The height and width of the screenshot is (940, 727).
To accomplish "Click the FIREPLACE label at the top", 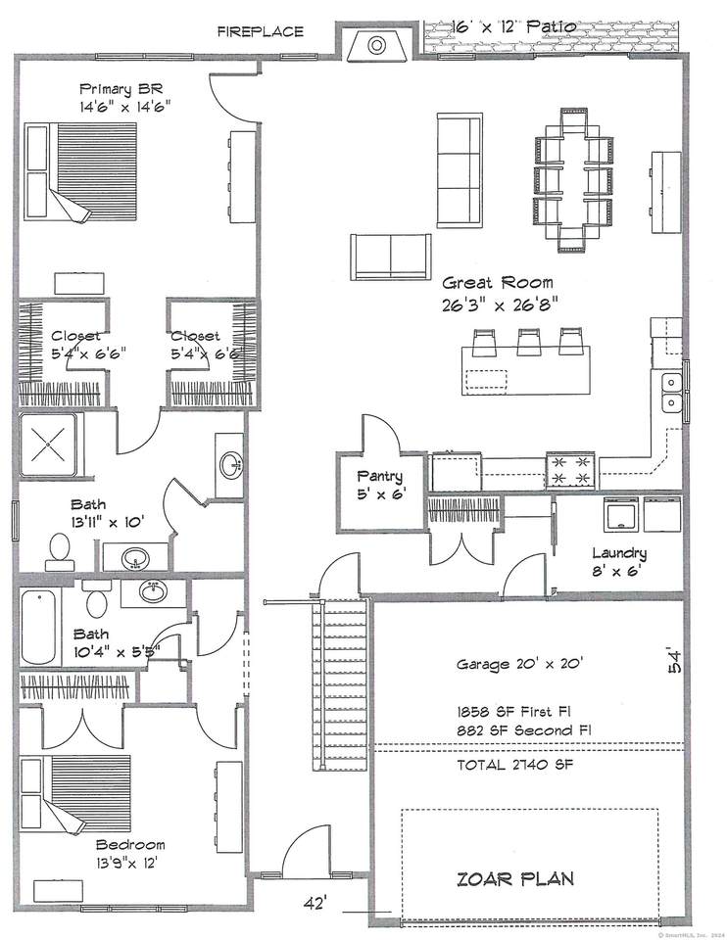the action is click(x=261, y=31).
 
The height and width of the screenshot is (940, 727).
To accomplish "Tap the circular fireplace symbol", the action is click(x=376, y=45).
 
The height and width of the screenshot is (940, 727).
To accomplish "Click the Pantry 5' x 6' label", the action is click(x=380, y=485).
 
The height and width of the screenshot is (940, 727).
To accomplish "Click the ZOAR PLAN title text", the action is click(x=515, y=879).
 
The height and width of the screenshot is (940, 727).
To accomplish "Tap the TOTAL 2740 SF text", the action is click(x=515, y=765).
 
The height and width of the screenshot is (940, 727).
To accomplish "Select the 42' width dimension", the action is click(x=314, y=902).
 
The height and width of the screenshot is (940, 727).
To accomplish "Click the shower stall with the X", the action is click(x=48, y=445).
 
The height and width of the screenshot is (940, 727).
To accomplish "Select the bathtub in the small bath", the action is click(x=40, y=627).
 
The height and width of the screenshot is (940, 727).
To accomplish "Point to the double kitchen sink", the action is click(x=672, y=392).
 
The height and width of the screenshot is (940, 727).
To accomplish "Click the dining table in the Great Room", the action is click(x=574, y=179).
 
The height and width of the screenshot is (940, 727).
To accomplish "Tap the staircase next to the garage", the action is click(x=340, y=684).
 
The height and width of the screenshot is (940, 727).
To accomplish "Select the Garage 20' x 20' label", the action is click(x=519, y=664).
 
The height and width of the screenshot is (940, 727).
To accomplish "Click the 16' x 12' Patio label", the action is click(x=514, y=26).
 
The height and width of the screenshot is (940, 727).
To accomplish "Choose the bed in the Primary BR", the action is click(x=80, y=172).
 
